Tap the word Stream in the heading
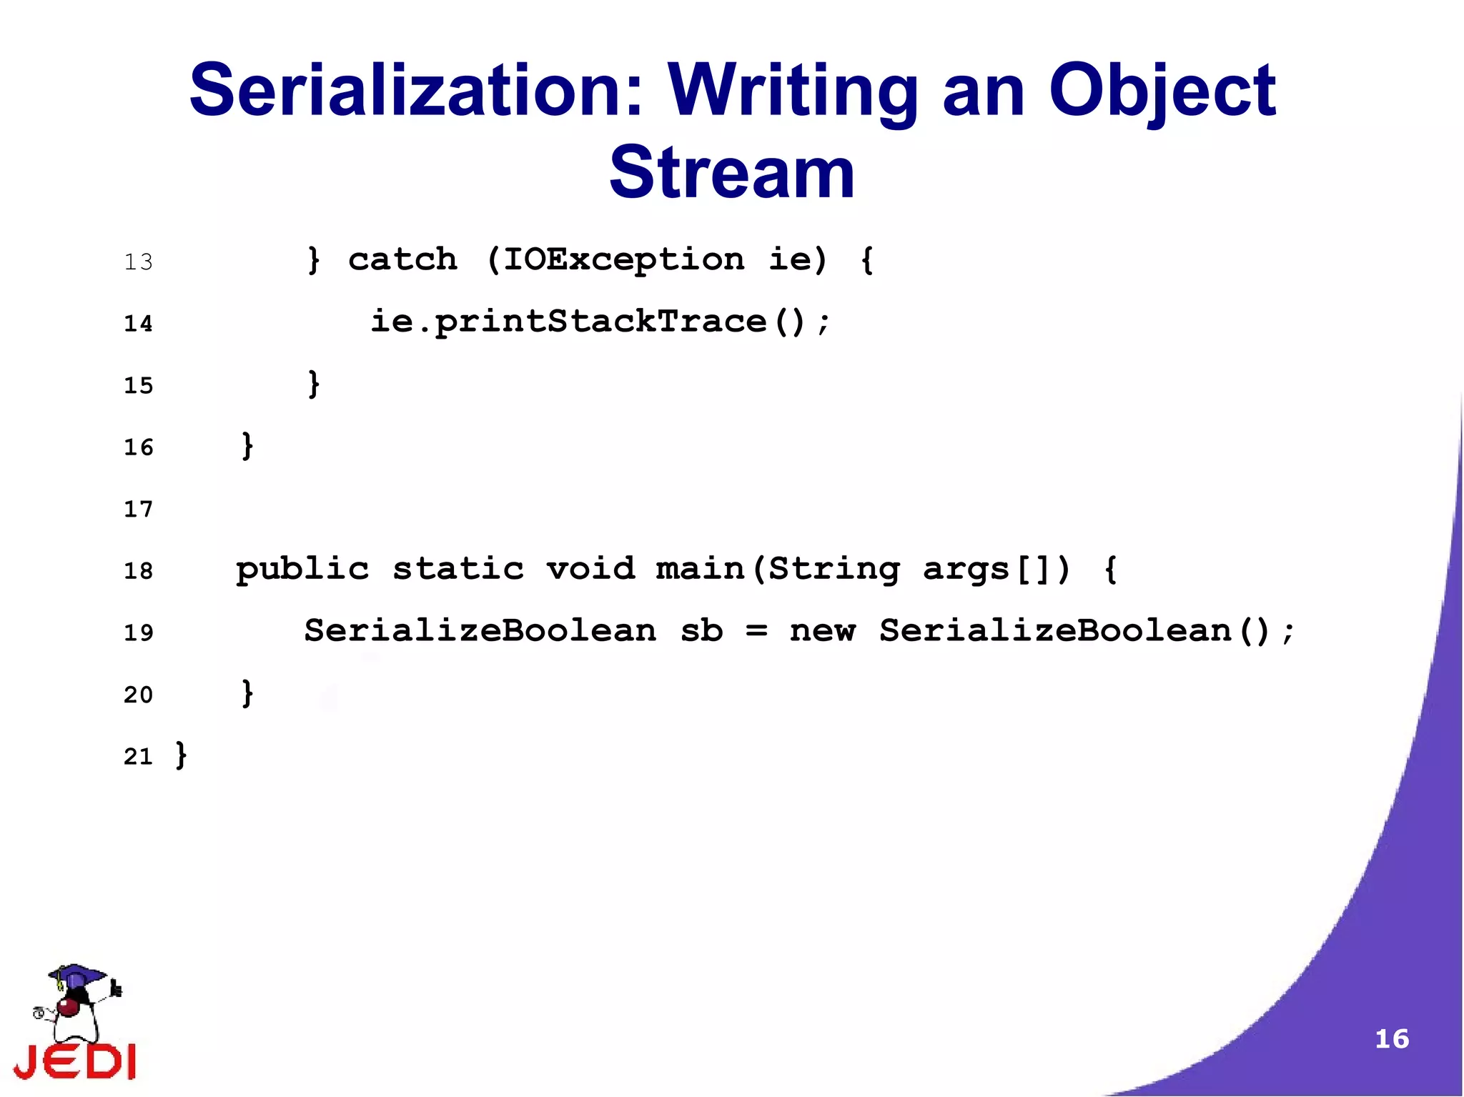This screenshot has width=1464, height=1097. (x=732, y=173)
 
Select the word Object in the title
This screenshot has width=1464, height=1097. (x=1162, y=91)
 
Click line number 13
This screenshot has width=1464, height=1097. (x=138, y=262)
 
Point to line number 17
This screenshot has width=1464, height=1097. (x=138, y=510)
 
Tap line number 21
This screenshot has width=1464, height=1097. (x=138, y=757)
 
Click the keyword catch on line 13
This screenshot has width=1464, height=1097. (x=402, y=259)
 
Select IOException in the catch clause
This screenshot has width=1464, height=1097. (x=623, y=259)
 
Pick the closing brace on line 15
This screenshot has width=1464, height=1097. (x=313, y=384)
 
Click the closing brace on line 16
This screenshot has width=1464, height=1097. (x=247, y=446)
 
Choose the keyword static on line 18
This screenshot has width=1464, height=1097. (x=458, y=570)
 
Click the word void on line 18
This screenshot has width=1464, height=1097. (x=590, y=570)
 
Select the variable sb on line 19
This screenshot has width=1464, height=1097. (x=701, y=631)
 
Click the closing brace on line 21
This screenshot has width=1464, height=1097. (x=182, y=755)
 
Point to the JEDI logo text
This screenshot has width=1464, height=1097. (x=75, y=1061)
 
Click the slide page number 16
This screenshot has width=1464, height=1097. (x=1392, y=1039)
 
